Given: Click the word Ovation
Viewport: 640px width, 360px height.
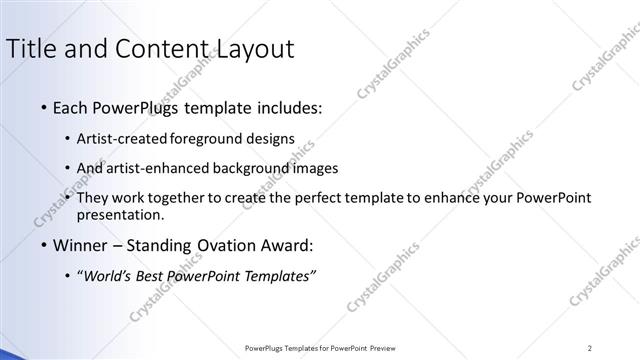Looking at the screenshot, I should click(222, 245).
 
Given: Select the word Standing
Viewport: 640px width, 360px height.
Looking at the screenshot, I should click(160, 245).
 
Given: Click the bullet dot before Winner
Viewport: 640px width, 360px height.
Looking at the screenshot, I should click(42, 245).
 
